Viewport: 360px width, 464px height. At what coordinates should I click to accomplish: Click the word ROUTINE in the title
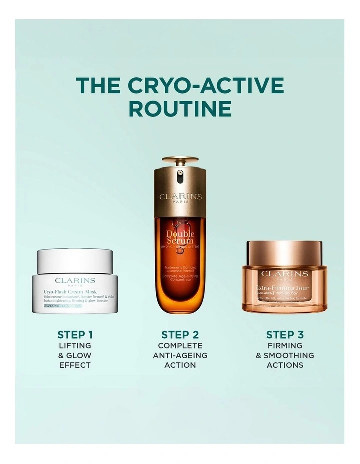(x=180, y=109)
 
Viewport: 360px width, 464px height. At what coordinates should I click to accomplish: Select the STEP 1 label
(x=75, y=335)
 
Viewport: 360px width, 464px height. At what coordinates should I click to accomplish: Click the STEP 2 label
(x=180, y=335)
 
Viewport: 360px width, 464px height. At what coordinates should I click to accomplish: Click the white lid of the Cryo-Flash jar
(x=75, y=259)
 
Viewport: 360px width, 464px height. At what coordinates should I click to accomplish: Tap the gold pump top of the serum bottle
(x=180, y=164)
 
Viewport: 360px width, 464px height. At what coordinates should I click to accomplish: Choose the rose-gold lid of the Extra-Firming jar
(x=284, y=254)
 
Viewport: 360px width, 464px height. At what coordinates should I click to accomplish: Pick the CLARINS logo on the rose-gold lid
(x=284, y=274)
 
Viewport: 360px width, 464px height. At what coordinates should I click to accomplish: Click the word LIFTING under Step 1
(x=75, y=346)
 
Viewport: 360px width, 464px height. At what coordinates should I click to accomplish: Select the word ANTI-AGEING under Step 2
(x=180, y=355)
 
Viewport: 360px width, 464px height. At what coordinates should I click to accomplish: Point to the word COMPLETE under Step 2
(x=180, y=346)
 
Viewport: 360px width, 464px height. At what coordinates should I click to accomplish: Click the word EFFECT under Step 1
(x=75, y=365)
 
